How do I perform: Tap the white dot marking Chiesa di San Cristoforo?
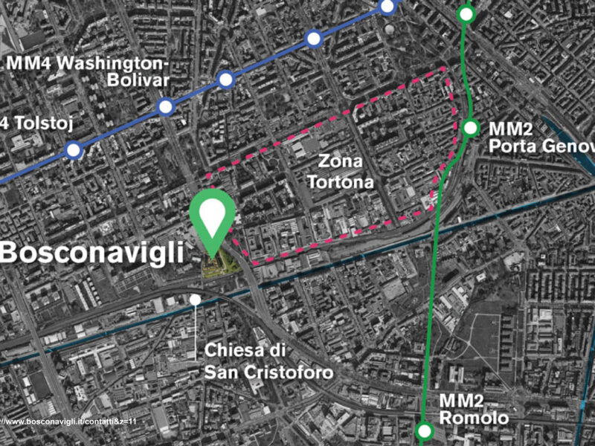coord(195,300)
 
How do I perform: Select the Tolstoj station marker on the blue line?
coord(74,151)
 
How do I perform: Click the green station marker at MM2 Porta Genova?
coord(470,128)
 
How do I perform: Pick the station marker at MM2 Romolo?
coord(424,430)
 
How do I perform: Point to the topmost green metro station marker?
coord(466,13)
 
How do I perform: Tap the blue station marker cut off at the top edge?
coord(387,7)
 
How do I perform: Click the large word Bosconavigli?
coord(91,252)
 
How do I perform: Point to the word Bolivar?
coord(139,80)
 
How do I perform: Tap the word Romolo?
coord(474,418)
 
